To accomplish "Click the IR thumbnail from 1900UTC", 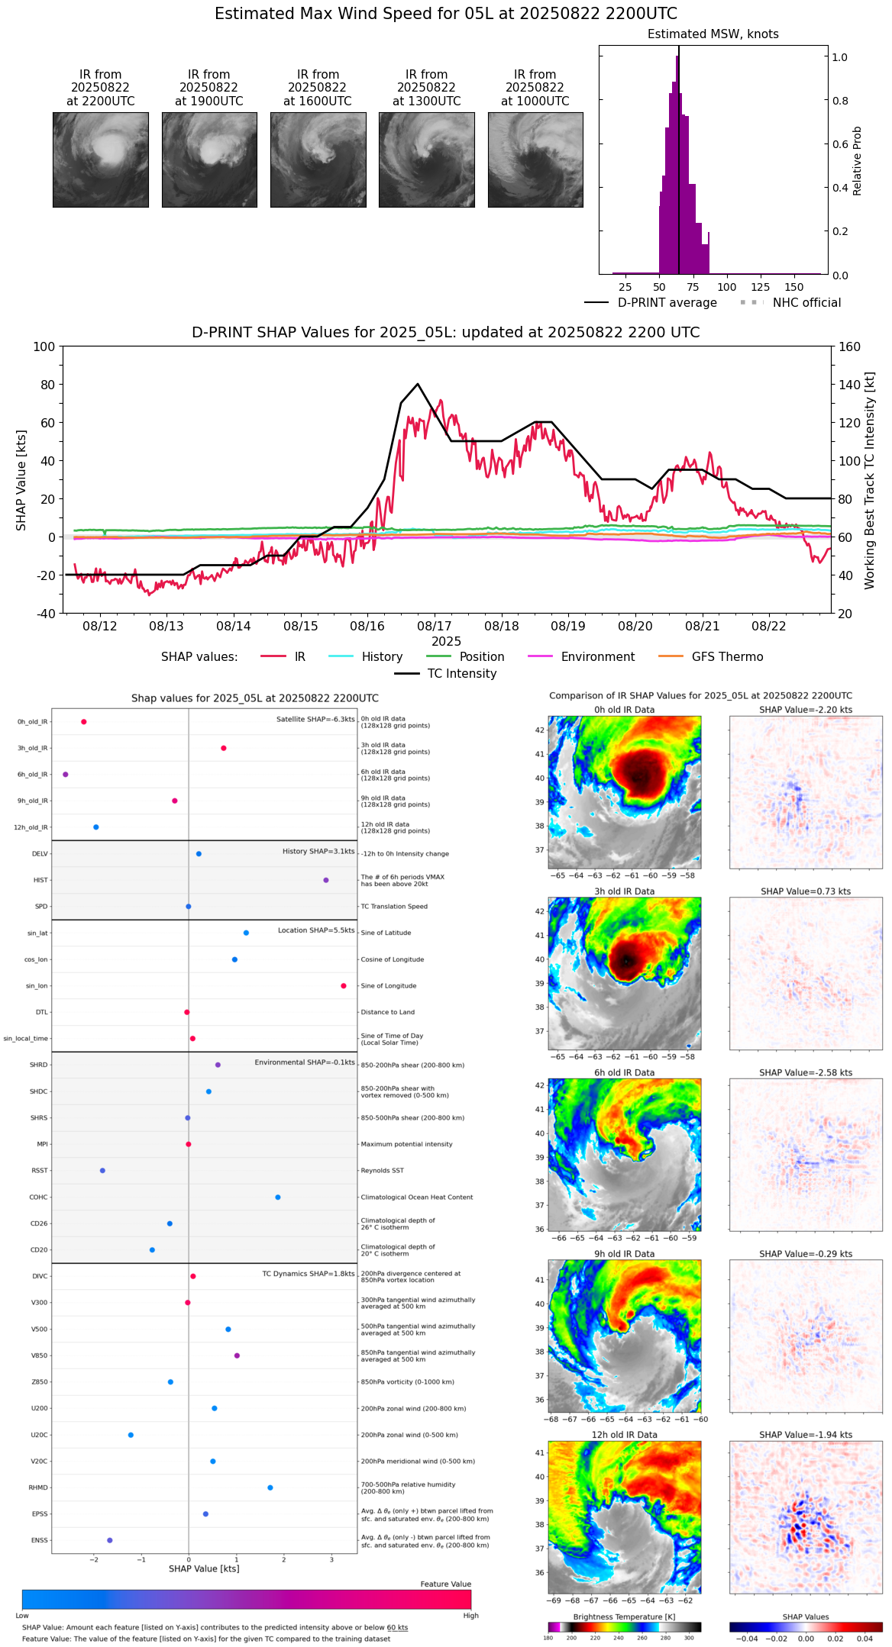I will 209,160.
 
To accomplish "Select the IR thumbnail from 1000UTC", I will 535,160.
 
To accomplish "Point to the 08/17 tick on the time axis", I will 434,626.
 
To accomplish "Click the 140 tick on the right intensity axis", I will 849,385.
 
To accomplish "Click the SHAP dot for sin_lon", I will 344,986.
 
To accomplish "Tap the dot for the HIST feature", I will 326,880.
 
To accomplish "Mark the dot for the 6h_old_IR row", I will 66,775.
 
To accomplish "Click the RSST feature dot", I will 102,1171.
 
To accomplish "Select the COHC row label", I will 38,1197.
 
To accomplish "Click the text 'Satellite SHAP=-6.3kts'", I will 315,720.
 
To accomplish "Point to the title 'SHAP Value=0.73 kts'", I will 806,891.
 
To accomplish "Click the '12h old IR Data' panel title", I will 624,1435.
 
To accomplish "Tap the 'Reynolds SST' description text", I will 382,1171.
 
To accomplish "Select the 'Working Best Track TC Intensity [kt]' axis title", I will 870,481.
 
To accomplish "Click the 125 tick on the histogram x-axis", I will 760,287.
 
